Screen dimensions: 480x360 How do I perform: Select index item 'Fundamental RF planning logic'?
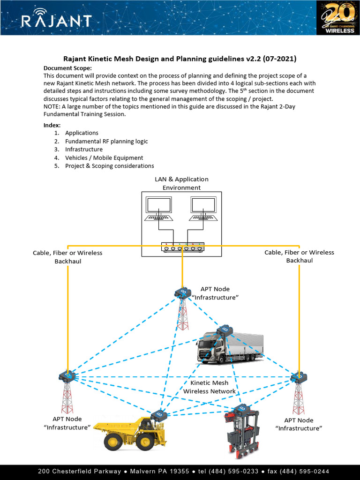pyautogui.click(x=106, y=141)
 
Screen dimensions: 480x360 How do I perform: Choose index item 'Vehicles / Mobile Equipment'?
pyautogui.click(x=104, y=157)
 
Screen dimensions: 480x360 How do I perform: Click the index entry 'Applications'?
pyautogui.click(x=82, y=133)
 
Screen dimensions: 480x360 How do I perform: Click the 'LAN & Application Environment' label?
pyautogui.click(x=181, y=183)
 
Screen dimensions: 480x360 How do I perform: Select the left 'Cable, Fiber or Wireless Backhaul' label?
pyautogui.click(x=67, y=257)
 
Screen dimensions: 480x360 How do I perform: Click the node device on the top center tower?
pyautogui.click(x=182, y=293)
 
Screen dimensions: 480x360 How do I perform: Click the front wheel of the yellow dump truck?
pyautogui.click(x=113, y=442)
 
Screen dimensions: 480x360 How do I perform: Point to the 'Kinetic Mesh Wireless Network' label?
pyautogui.click(x=209, y=387)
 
